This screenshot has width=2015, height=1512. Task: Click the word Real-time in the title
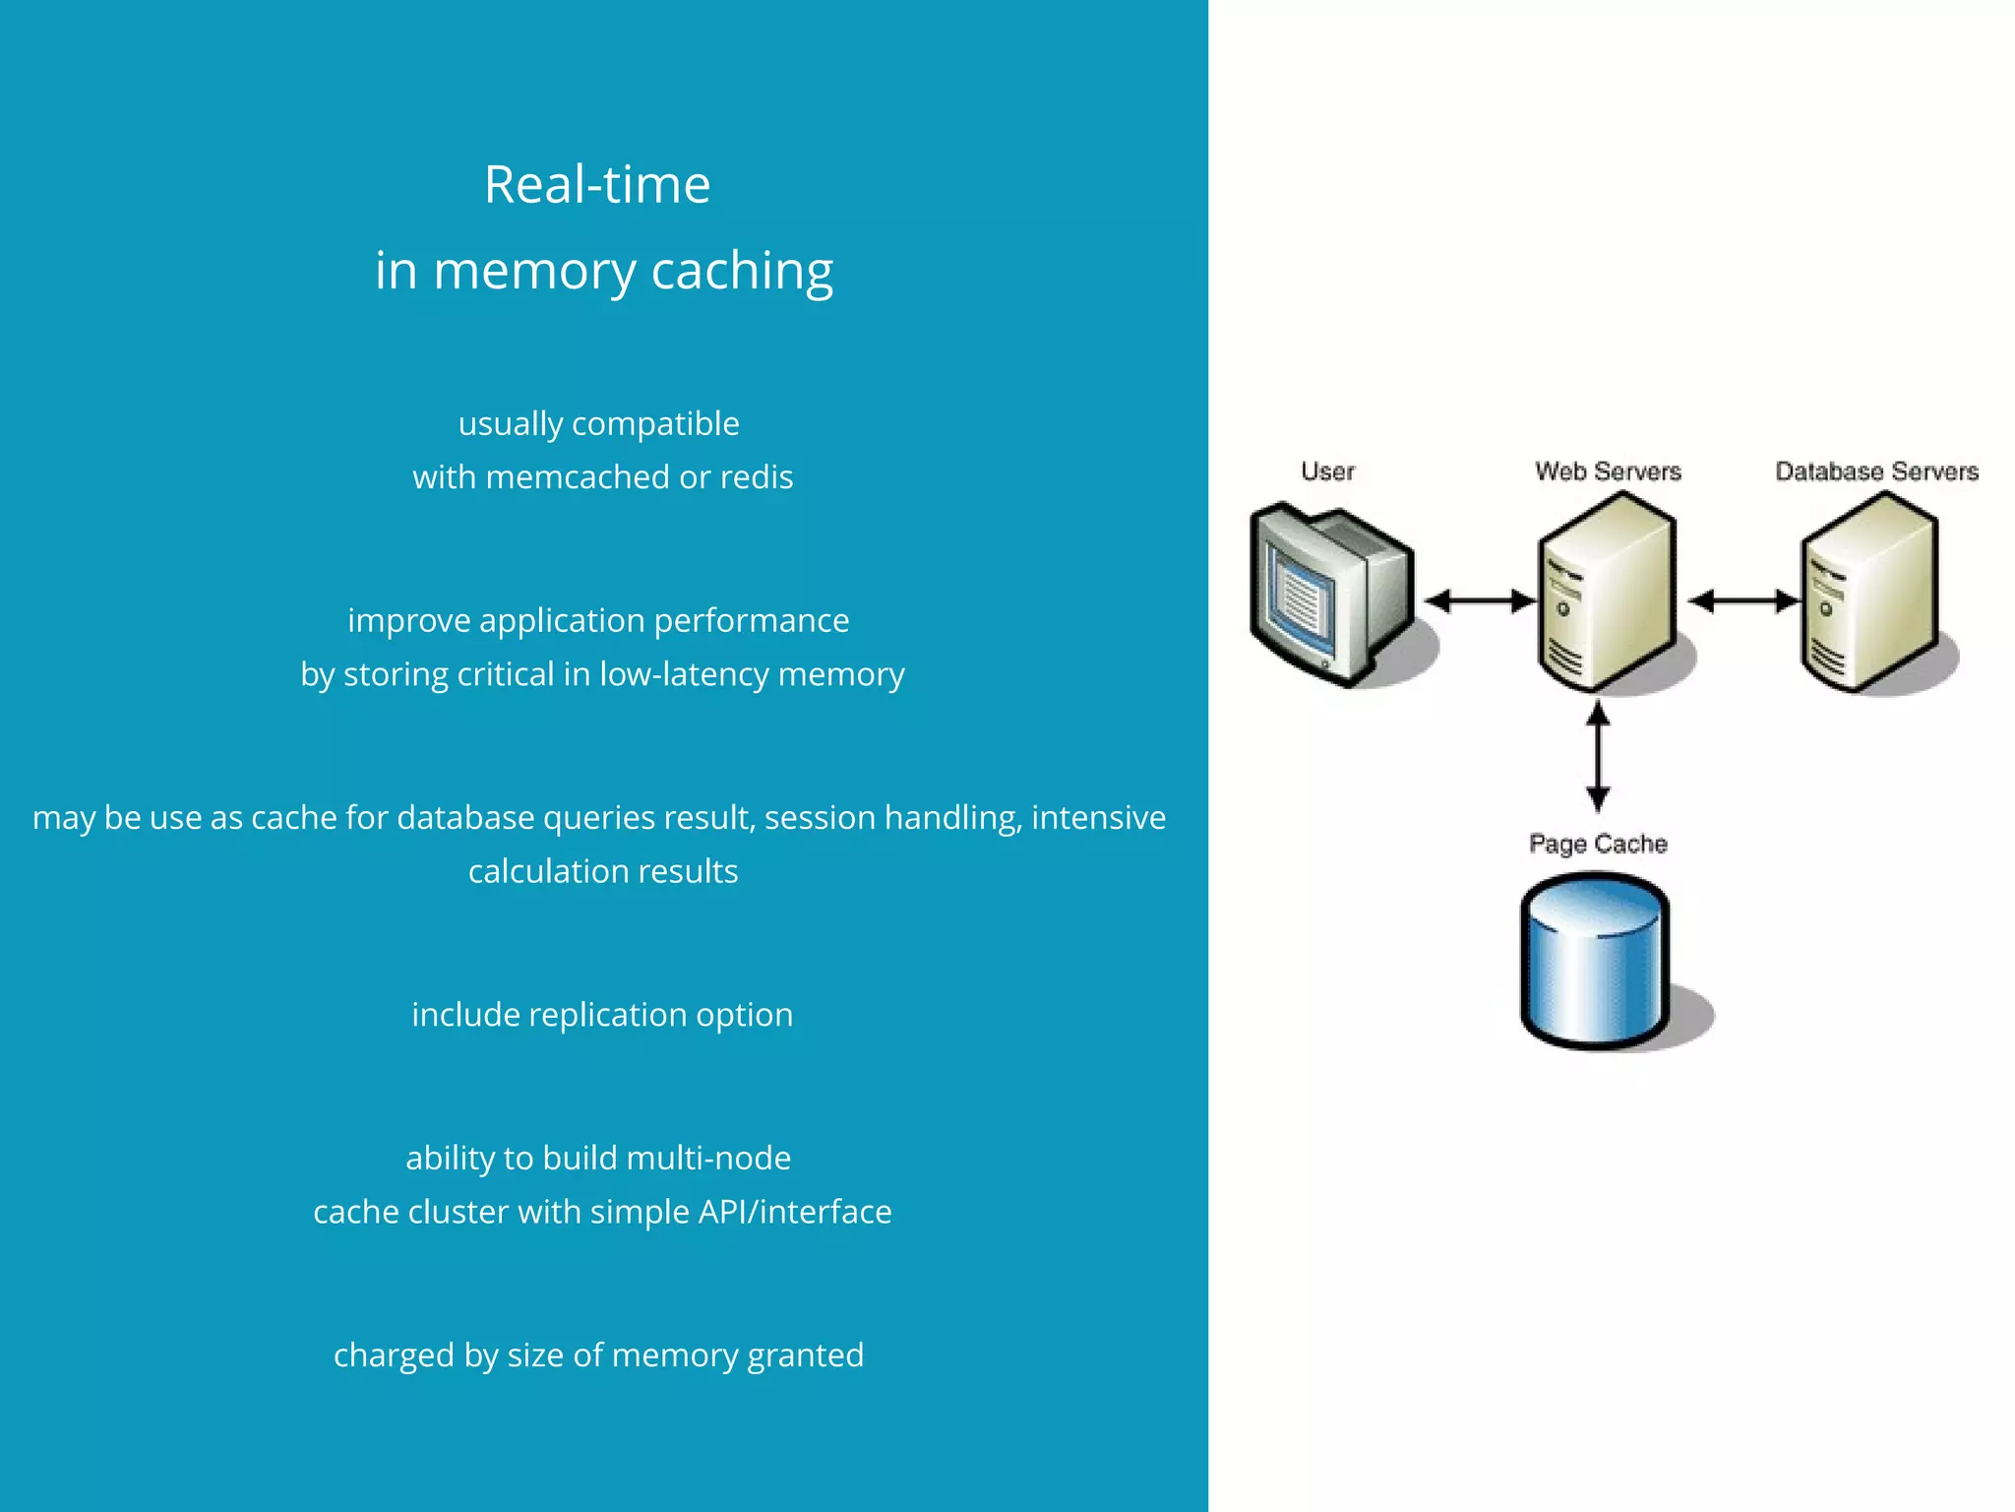[597, 185]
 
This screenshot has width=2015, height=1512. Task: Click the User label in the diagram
[1327, 472]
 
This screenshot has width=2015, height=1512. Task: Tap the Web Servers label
[1608, 472]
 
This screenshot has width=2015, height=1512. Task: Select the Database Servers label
[1876, 472]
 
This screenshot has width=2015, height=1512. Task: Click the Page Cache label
[1598, 845]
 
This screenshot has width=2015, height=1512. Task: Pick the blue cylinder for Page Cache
[1594, 963]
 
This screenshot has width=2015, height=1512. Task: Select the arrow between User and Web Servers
[1480, 600]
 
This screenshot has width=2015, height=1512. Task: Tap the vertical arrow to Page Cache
[1598, 756]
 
